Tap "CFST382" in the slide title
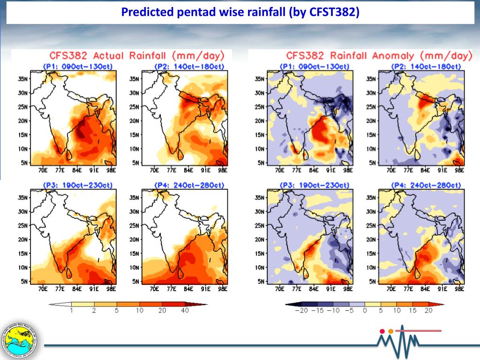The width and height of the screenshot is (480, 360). coord(334,12)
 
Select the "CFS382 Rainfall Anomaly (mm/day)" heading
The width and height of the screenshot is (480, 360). coord(379,56)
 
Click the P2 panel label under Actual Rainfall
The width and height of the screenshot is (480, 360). coord(189,66)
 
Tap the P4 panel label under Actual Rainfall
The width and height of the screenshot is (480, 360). coord(189,185)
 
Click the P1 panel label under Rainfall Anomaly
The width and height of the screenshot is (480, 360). coord(314,66)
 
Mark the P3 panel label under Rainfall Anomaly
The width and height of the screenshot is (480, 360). coord(314,185)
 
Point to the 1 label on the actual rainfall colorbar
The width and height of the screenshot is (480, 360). coord(71,310)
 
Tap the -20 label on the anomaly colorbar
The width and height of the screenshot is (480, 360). coord(300,310)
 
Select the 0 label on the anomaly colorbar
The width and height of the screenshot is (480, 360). coord(364,310)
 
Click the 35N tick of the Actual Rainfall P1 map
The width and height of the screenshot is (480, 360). coord(22,78)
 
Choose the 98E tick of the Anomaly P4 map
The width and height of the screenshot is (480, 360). coord(459,289)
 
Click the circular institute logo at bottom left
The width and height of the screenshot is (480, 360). coord(21,339)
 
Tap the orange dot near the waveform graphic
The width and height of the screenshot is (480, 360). coord(390,331)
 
